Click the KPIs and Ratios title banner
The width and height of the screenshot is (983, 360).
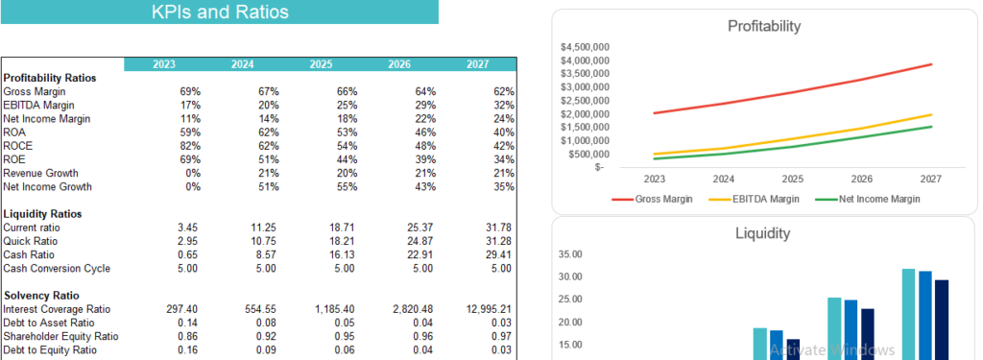point(219,12)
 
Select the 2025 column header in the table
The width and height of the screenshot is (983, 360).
point(321,64)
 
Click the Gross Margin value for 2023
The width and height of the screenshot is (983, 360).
point(190,91)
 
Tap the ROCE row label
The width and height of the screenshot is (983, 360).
point(19,146)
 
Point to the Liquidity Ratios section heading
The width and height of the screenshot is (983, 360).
point(42,213)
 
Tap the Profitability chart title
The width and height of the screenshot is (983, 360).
point(764,26)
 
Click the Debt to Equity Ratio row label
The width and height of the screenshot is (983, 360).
point(51,350)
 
